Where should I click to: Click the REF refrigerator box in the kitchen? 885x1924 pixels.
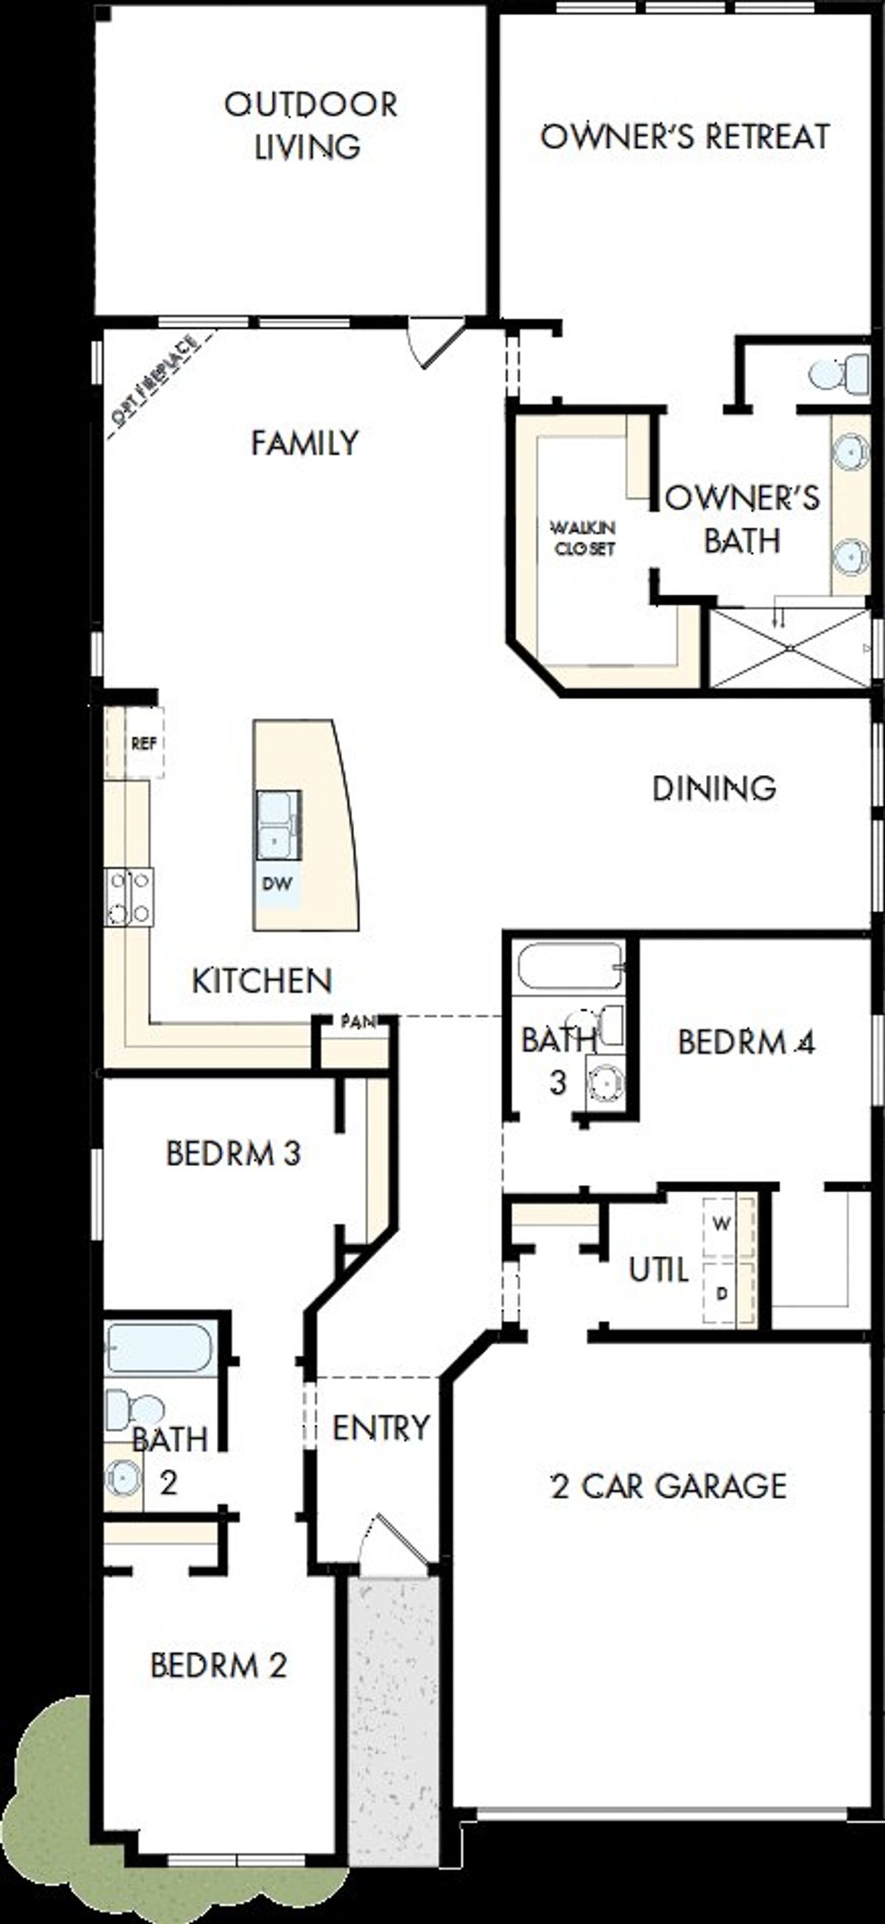pos(143,743)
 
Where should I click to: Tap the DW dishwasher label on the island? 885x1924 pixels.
pos(277,884)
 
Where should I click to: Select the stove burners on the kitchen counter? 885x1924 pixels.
pos(130,896)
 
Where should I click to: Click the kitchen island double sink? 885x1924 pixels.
pos(278,825)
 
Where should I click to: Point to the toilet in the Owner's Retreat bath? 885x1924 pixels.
pos(839,373)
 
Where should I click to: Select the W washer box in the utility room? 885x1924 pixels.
pos(721,1224)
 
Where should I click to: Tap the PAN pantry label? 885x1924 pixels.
pos(357,1022)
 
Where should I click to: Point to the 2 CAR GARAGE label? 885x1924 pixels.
pos(669,1486)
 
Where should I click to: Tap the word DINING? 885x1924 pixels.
pos(714,789)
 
